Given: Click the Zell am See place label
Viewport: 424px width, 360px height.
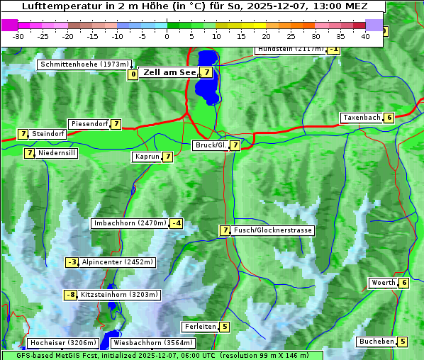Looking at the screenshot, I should coord(169,72).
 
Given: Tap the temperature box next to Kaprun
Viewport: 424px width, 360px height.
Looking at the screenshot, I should coord(167,157).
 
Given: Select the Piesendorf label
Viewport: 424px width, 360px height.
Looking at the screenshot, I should coord(89,124).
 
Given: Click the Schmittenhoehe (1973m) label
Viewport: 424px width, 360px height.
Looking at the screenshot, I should coord(85,64).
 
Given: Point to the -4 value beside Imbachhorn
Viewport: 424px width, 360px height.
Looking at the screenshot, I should coord(176,224).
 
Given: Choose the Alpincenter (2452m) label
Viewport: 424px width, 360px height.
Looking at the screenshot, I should coord(117,262).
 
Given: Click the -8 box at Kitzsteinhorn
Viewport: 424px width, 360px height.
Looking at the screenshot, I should coord(70,295).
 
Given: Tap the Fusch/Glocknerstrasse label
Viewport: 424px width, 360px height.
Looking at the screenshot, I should coord(273,230).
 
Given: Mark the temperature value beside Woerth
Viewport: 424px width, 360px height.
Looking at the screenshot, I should coord(403,283).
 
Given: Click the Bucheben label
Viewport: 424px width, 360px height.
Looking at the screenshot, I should coord(376,342).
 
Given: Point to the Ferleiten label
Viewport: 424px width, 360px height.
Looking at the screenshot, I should coord(199,327).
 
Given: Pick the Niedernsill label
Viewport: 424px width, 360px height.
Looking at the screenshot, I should coord(57,153).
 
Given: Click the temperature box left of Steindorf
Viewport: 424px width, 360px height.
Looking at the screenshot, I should coord(23,134).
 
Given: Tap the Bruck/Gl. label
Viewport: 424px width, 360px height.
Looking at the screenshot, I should coord(211,145).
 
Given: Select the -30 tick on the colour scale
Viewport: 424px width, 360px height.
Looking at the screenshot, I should coord(18,36).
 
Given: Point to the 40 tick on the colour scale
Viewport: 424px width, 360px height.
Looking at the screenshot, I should coord(365,36).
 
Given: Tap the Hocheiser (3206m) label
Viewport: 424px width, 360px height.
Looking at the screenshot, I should coord(58,343).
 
